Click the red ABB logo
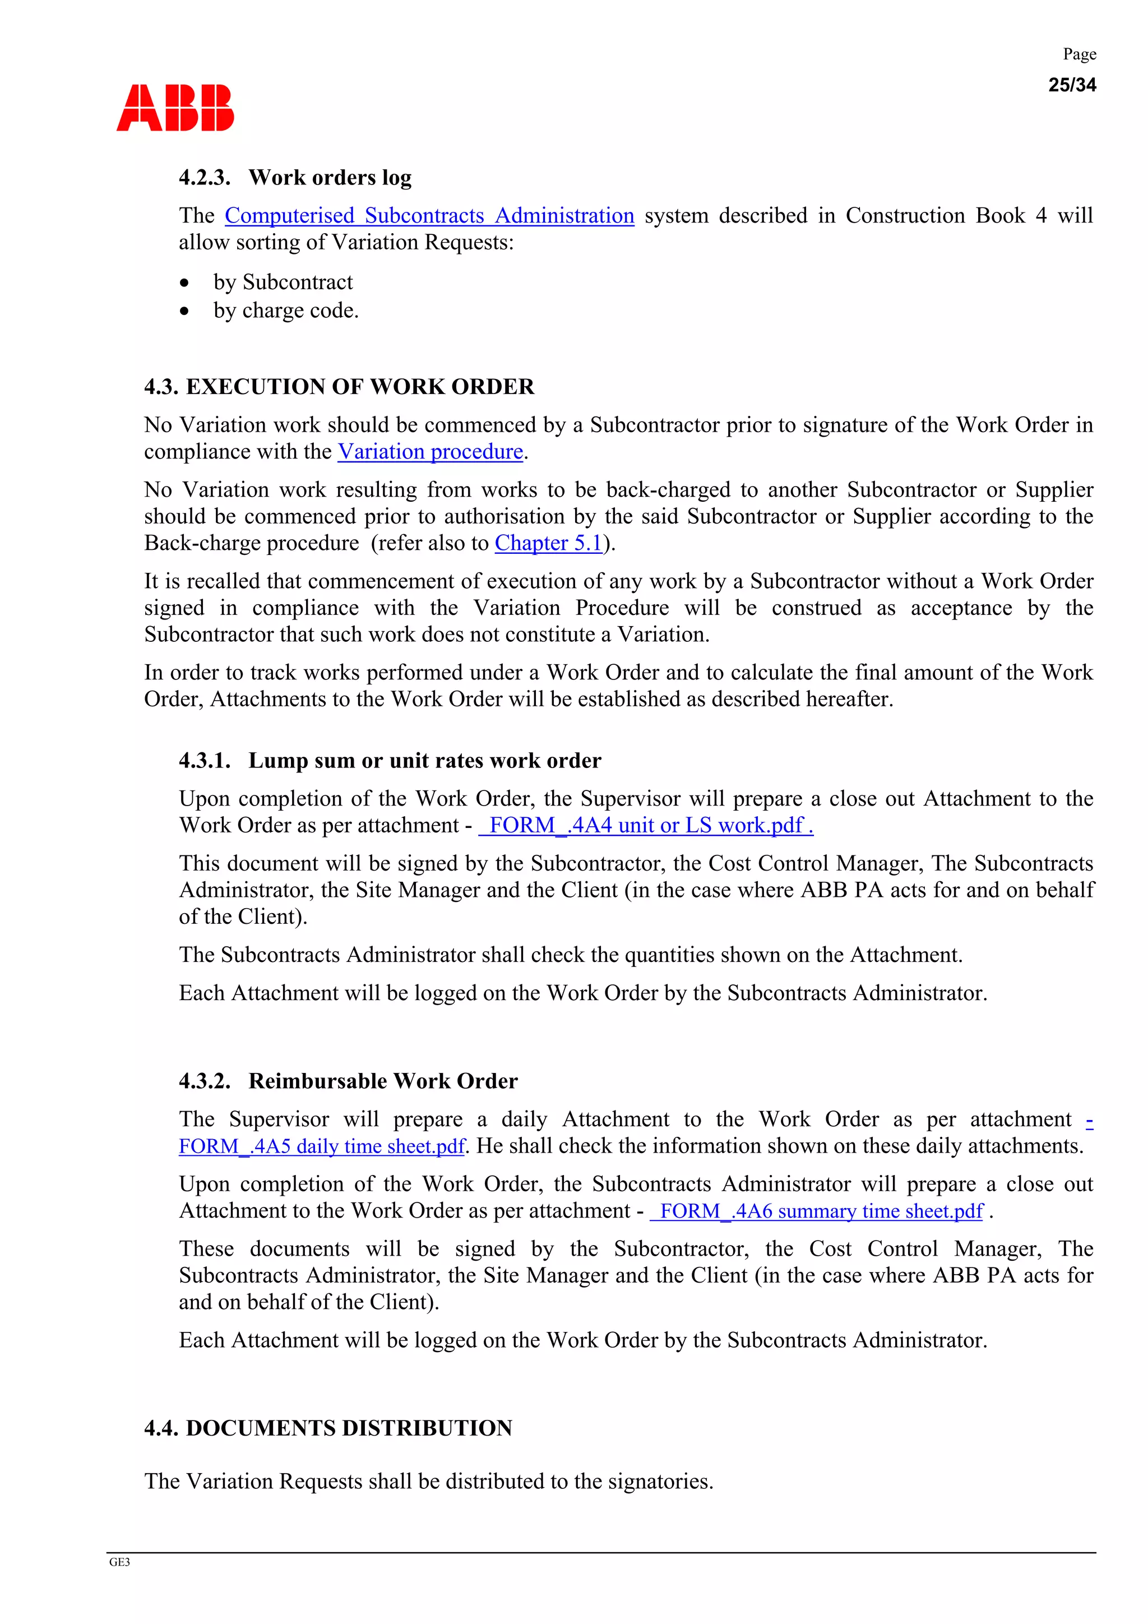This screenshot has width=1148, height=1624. pyautogui.click(x=175, y=108)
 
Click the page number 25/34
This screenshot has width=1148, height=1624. pyautogui.click(x=1072, y=85)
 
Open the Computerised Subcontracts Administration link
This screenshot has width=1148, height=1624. pyautogui.click(x=429, y=216)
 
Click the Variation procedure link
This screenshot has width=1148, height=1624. pyautogui.click(x=430, y=452)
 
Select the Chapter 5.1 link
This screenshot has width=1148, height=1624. pyautogui.click(x=548, y=543)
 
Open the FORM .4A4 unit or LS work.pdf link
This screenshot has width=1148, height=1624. pyautogui.click(x=646, y=825)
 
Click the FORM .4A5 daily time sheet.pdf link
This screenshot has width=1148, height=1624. pyautogui.click(x=322, y=1146)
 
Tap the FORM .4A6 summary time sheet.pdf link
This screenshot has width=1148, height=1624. pyautogui.click(x=817, y=1211)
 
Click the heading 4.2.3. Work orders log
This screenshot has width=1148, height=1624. pyautogui.click(x=295, y=178)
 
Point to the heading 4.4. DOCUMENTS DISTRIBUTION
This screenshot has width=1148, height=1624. pyautogui.click(x=328, y=1428)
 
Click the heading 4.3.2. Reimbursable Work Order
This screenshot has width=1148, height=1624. pyautogui.click(x=348, y=1081)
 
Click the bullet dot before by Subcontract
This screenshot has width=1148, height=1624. pyautogui.click(x=184, y=283)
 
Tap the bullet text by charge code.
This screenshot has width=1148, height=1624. pyautogui.click(x=286, y=311)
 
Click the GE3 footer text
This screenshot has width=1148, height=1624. pyautogui.click(x=119, y=1562)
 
